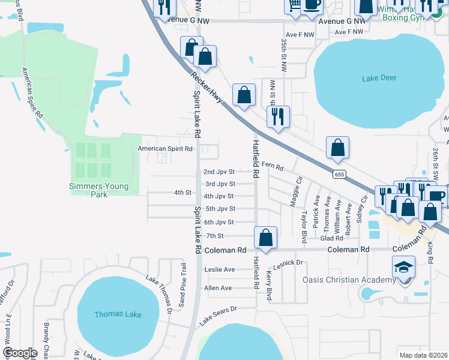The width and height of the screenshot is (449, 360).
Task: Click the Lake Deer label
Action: (380, 78)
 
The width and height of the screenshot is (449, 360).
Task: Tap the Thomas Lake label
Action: (118, 314)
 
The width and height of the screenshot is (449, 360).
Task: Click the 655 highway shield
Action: (339, 173)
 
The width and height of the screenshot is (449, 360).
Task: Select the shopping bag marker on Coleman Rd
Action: (265, 237)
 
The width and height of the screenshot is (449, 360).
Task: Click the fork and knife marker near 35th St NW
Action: (278, 116)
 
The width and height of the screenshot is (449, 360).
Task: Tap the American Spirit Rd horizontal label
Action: (165, 148)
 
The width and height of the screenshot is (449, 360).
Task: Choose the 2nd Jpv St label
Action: (218, 172)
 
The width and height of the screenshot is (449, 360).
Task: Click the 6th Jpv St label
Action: (218, 222)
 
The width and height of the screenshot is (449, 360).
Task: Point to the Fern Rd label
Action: (272, 166)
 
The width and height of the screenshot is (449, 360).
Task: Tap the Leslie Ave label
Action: (220, 269)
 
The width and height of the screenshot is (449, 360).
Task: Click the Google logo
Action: (19, 353)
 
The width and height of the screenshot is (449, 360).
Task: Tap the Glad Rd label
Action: (348, 238)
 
